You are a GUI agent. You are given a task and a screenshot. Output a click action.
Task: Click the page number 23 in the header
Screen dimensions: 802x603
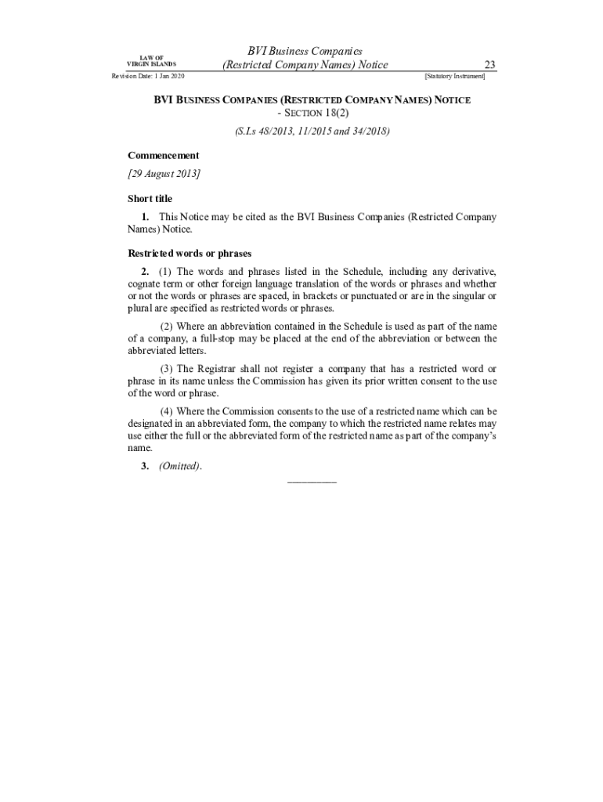pyautogui.click(x=490, y=65)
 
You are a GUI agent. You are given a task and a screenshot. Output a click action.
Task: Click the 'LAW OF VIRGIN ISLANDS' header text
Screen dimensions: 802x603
pyautogui.click(x=157, y=60)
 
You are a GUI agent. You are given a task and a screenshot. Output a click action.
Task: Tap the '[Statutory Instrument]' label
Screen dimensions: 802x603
pyautogui.click(x=454, y=77)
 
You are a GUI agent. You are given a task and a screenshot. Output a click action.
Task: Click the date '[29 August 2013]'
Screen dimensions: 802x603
pyautogui.click(x=164, y=173)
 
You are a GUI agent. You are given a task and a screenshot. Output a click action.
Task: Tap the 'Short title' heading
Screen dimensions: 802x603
pyautogui.click(x=150, y=199)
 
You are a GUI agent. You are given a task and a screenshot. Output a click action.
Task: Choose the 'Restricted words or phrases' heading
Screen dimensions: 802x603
pyautogui.click(x=189, y=254)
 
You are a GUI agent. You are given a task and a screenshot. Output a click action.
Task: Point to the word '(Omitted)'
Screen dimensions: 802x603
pyautogui.click(x=179, y=467)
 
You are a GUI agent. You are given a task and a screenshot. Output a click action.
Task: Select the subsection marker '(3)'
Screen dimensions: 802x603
pyautogui.click(x=166, y=368)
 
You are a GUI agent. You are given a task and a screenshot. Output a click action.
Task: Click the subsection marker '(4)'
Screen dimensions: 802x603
pyautogui.click(x=166, y=411)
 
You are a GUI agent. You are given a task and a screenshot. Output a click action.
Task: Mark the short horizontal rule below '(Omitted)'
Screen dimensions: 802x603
pyautogui.click(x=312, y=481)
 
